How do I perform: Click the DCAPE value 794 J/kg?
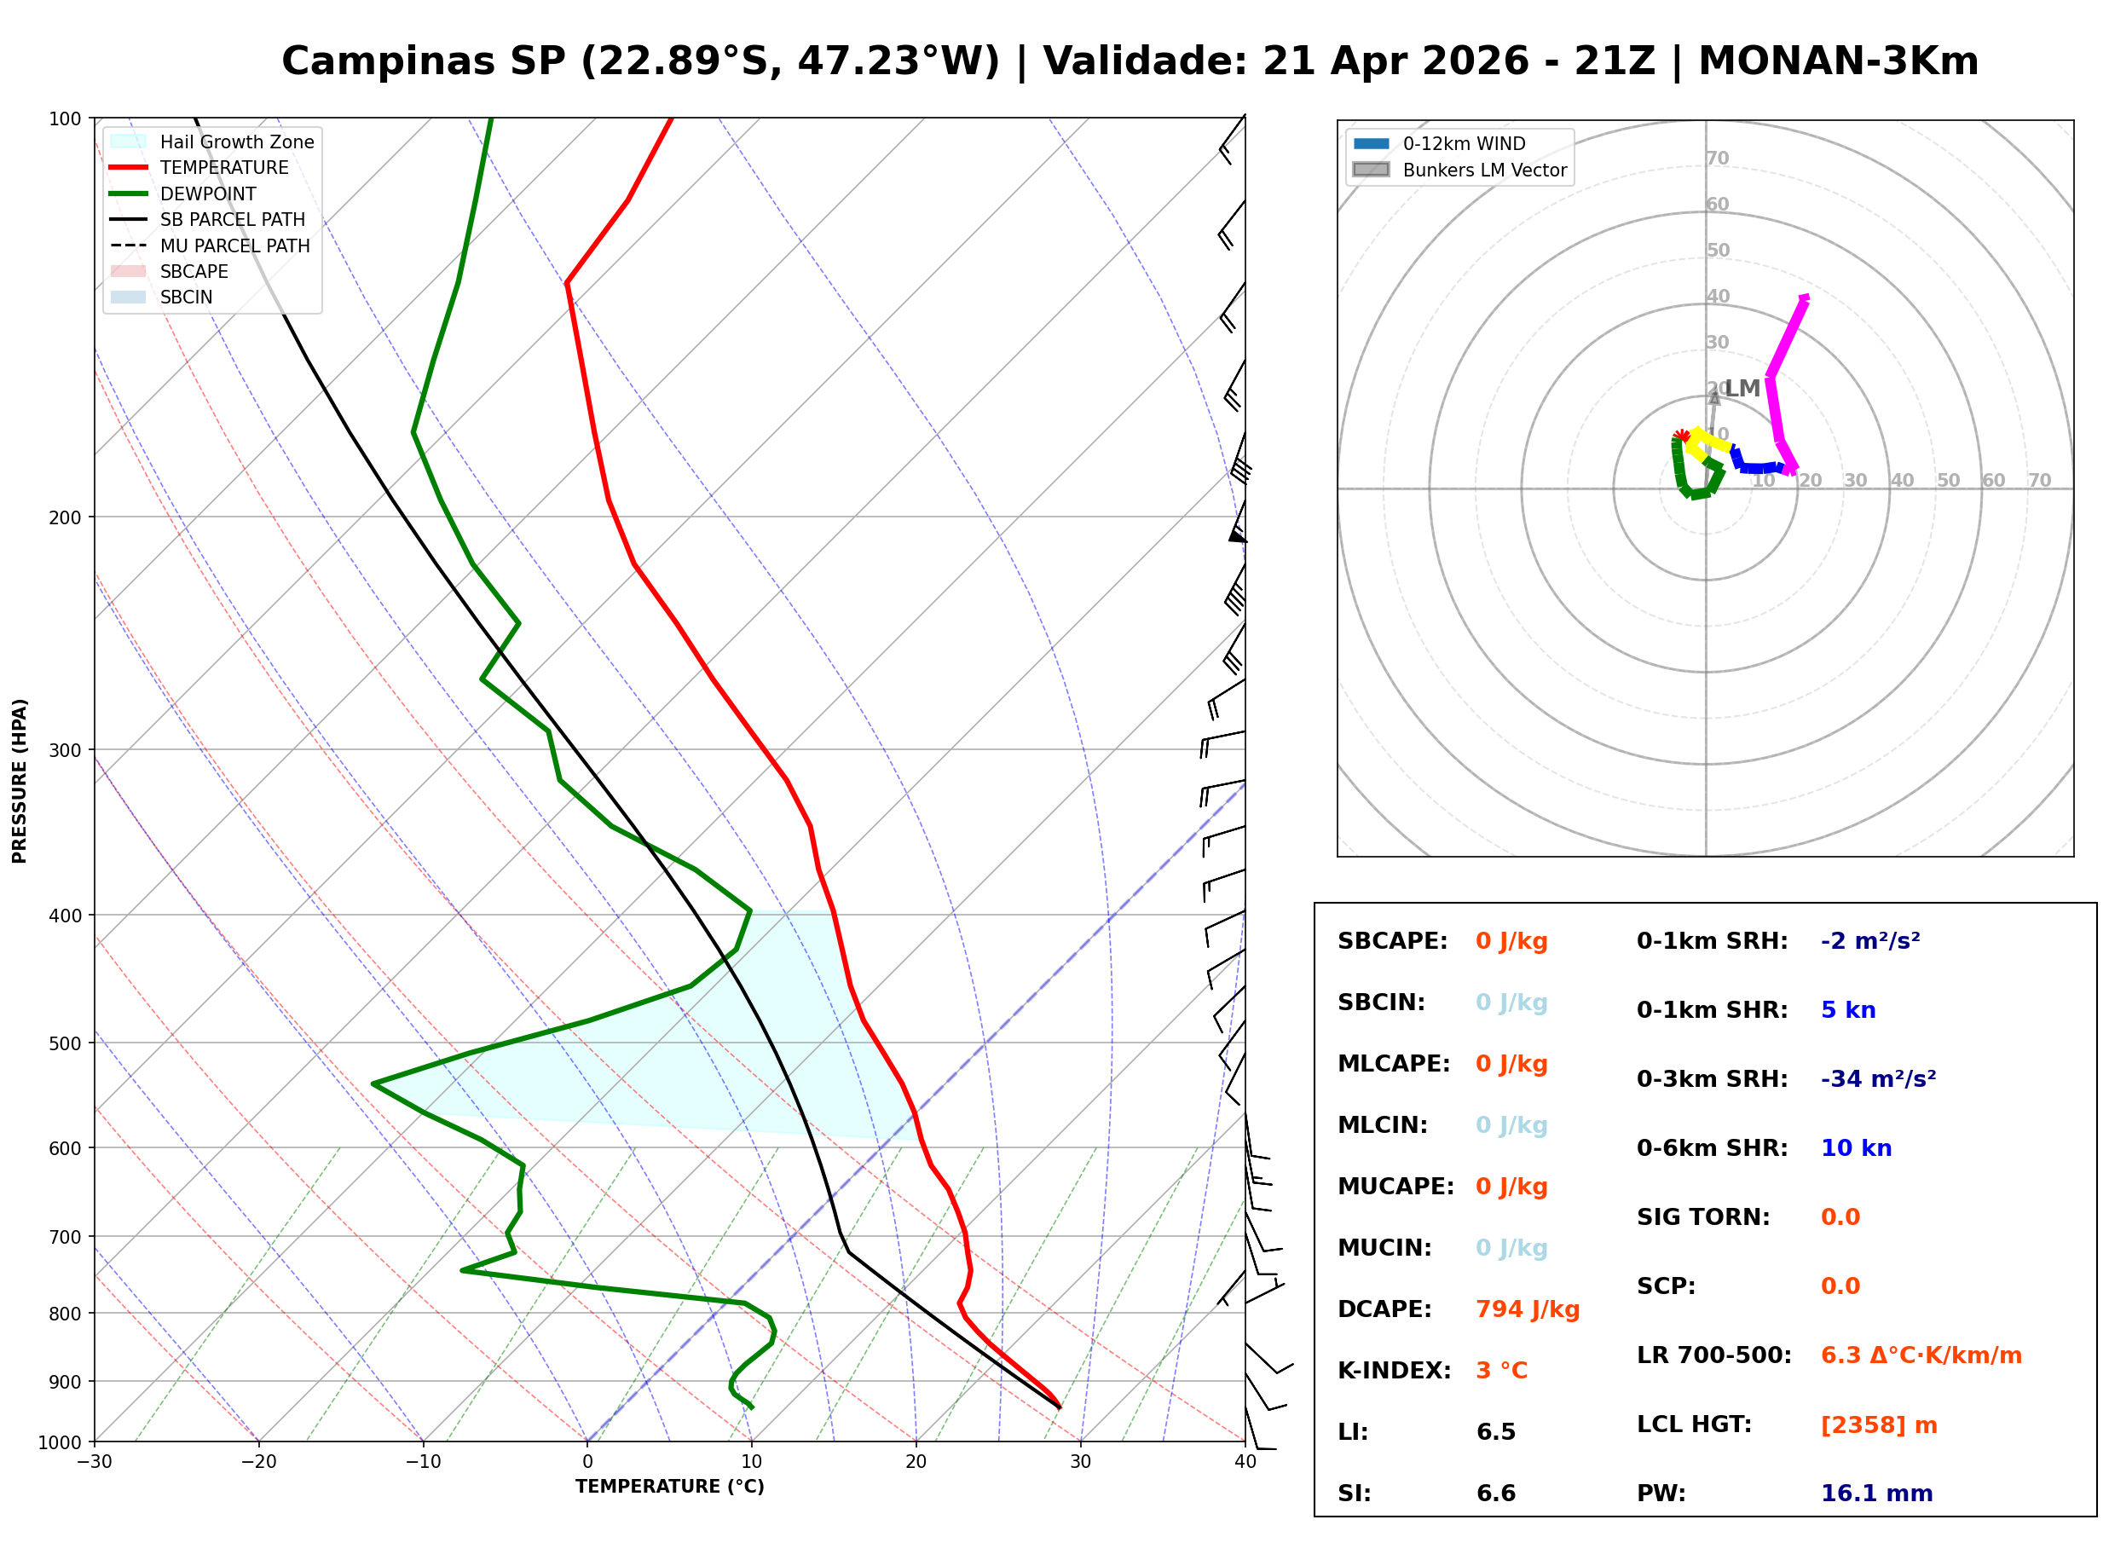1527,1309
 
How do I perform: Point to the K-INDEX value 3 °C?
1501,1370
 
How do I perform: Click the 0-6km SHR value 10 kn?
1855,1148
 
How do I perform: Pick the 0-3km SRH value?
1878,1078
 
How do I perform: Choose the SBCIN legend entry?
186,298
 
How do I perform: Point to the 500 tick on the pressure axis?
65,1043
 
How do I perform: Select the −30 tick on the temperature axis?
95,1462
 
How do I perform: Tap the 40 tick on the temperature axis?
1245,1462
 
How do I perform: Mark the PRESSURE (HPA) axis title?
20,780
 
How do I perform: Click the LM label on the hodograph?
1742,388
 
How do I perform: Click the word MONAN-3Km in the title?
1837,61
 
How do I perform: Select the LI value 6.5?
1495,1431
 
